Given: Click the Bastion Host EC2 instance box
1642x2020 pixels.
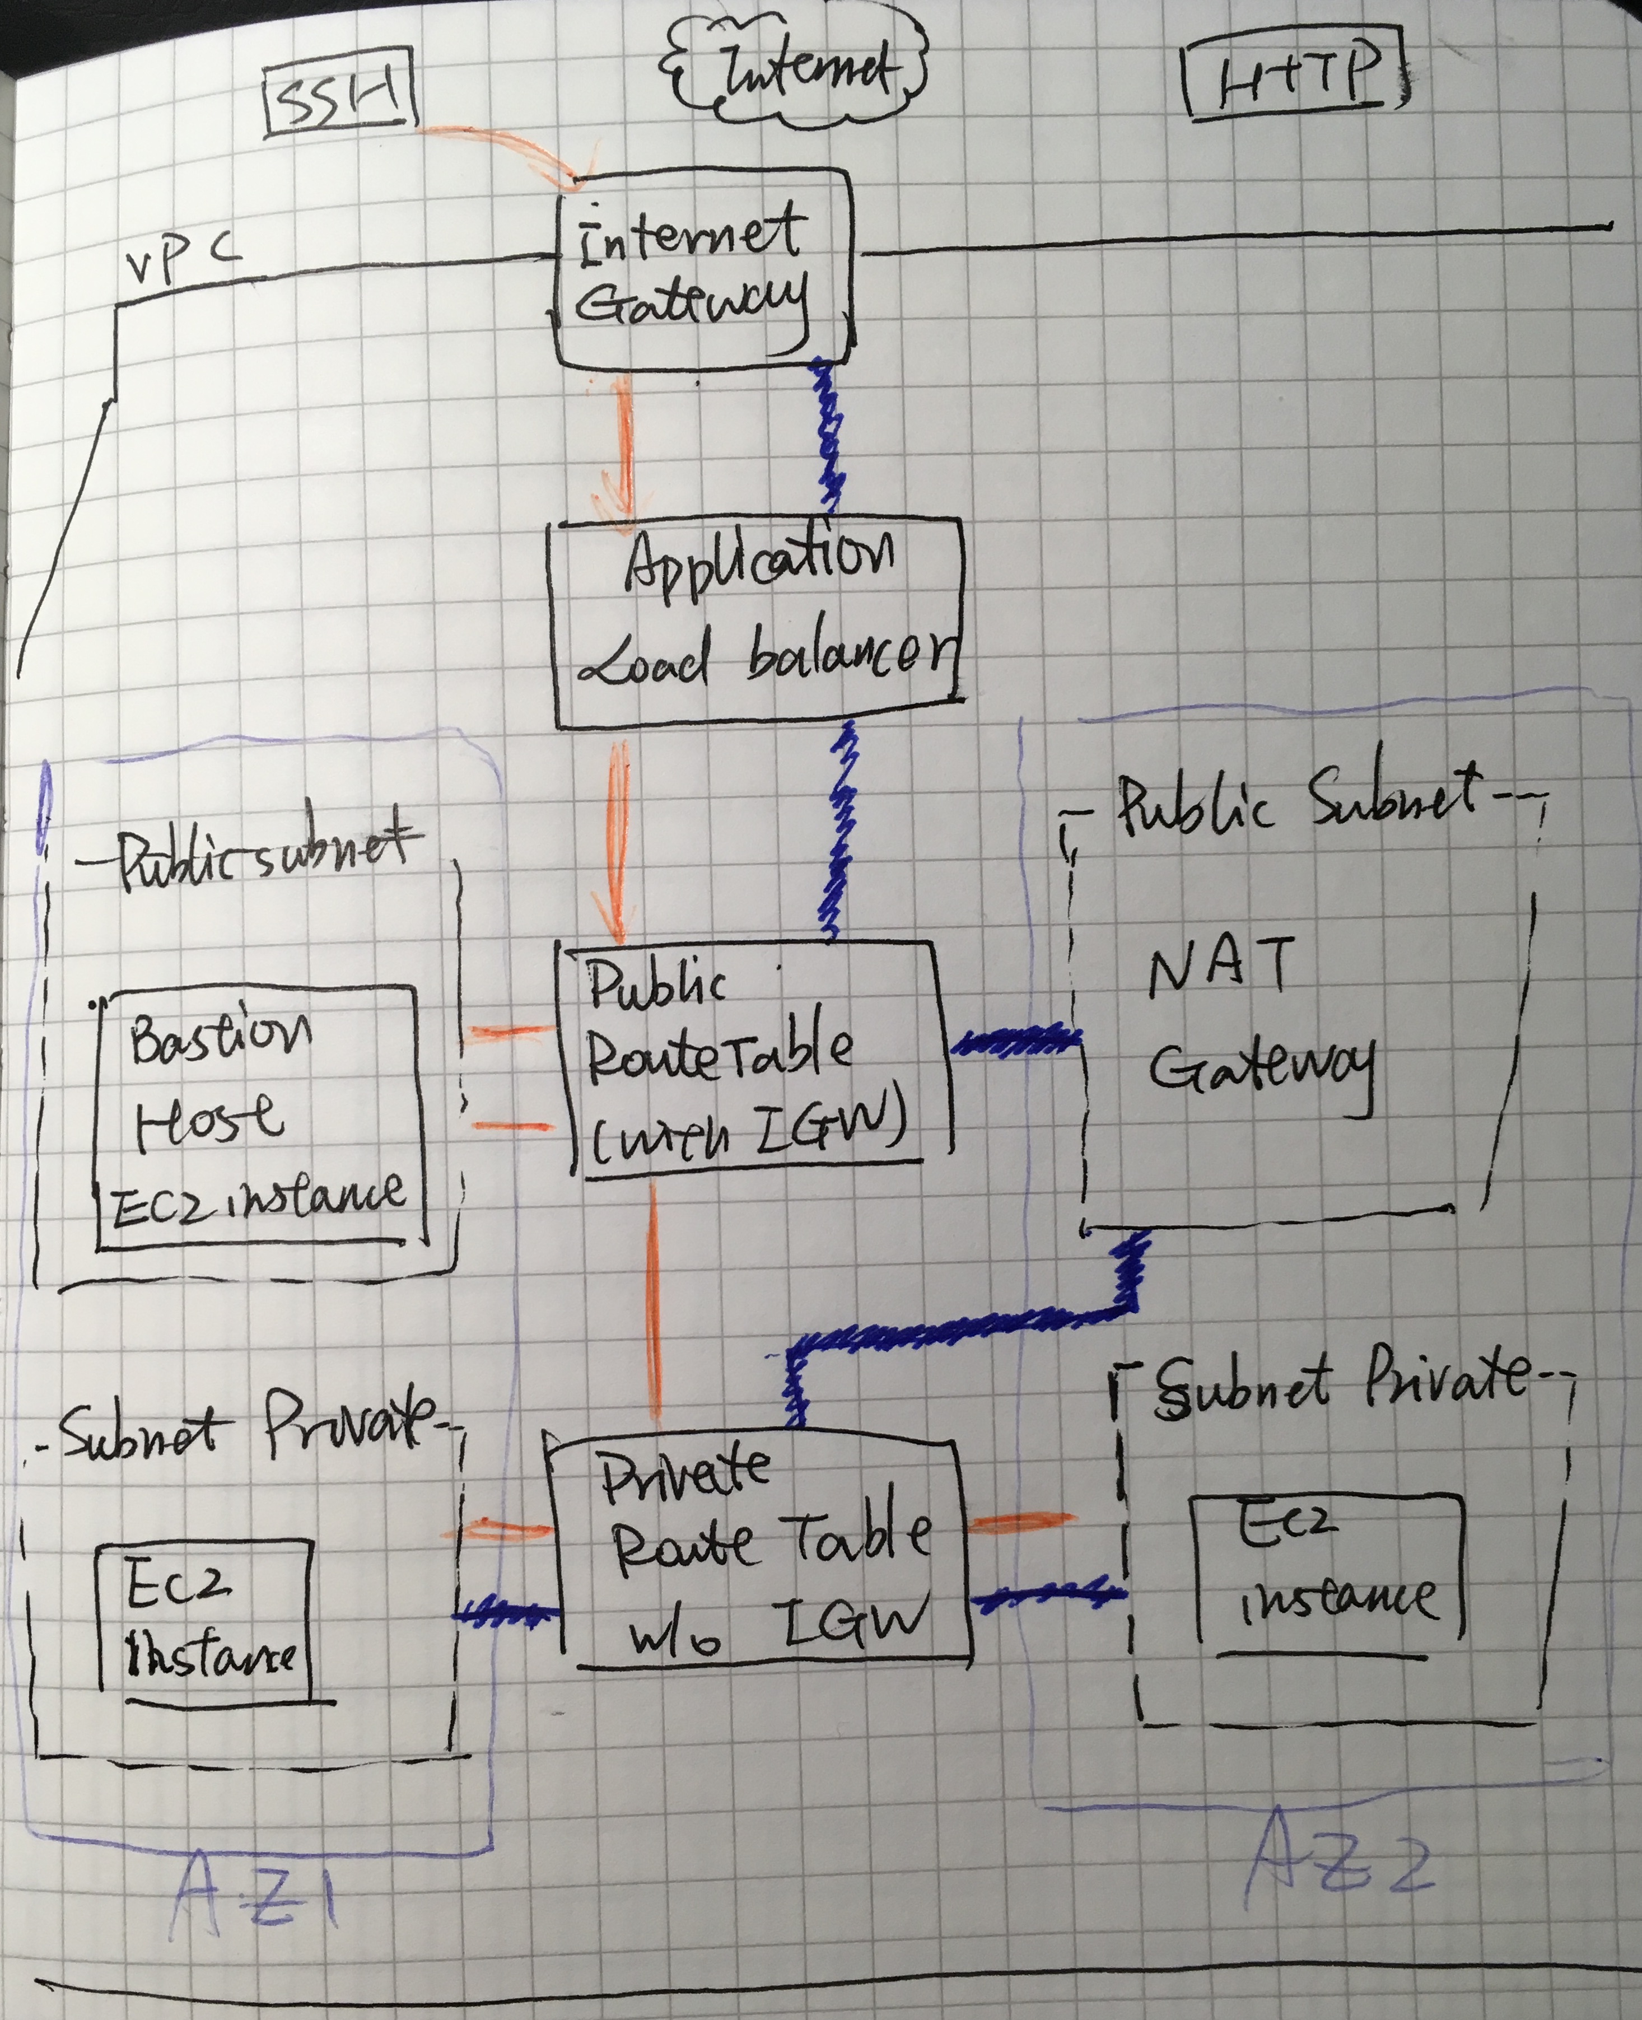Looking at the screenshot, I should (258, 1117).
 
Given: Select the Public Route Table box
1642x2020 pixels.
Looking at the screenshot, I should (752, 1057).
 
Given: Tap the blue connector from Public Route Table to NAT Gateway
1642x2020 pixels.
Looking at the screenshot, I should (1015, 1041).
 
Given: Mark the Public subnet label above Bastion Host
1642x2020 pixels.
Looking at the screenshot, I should (265, 856).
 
